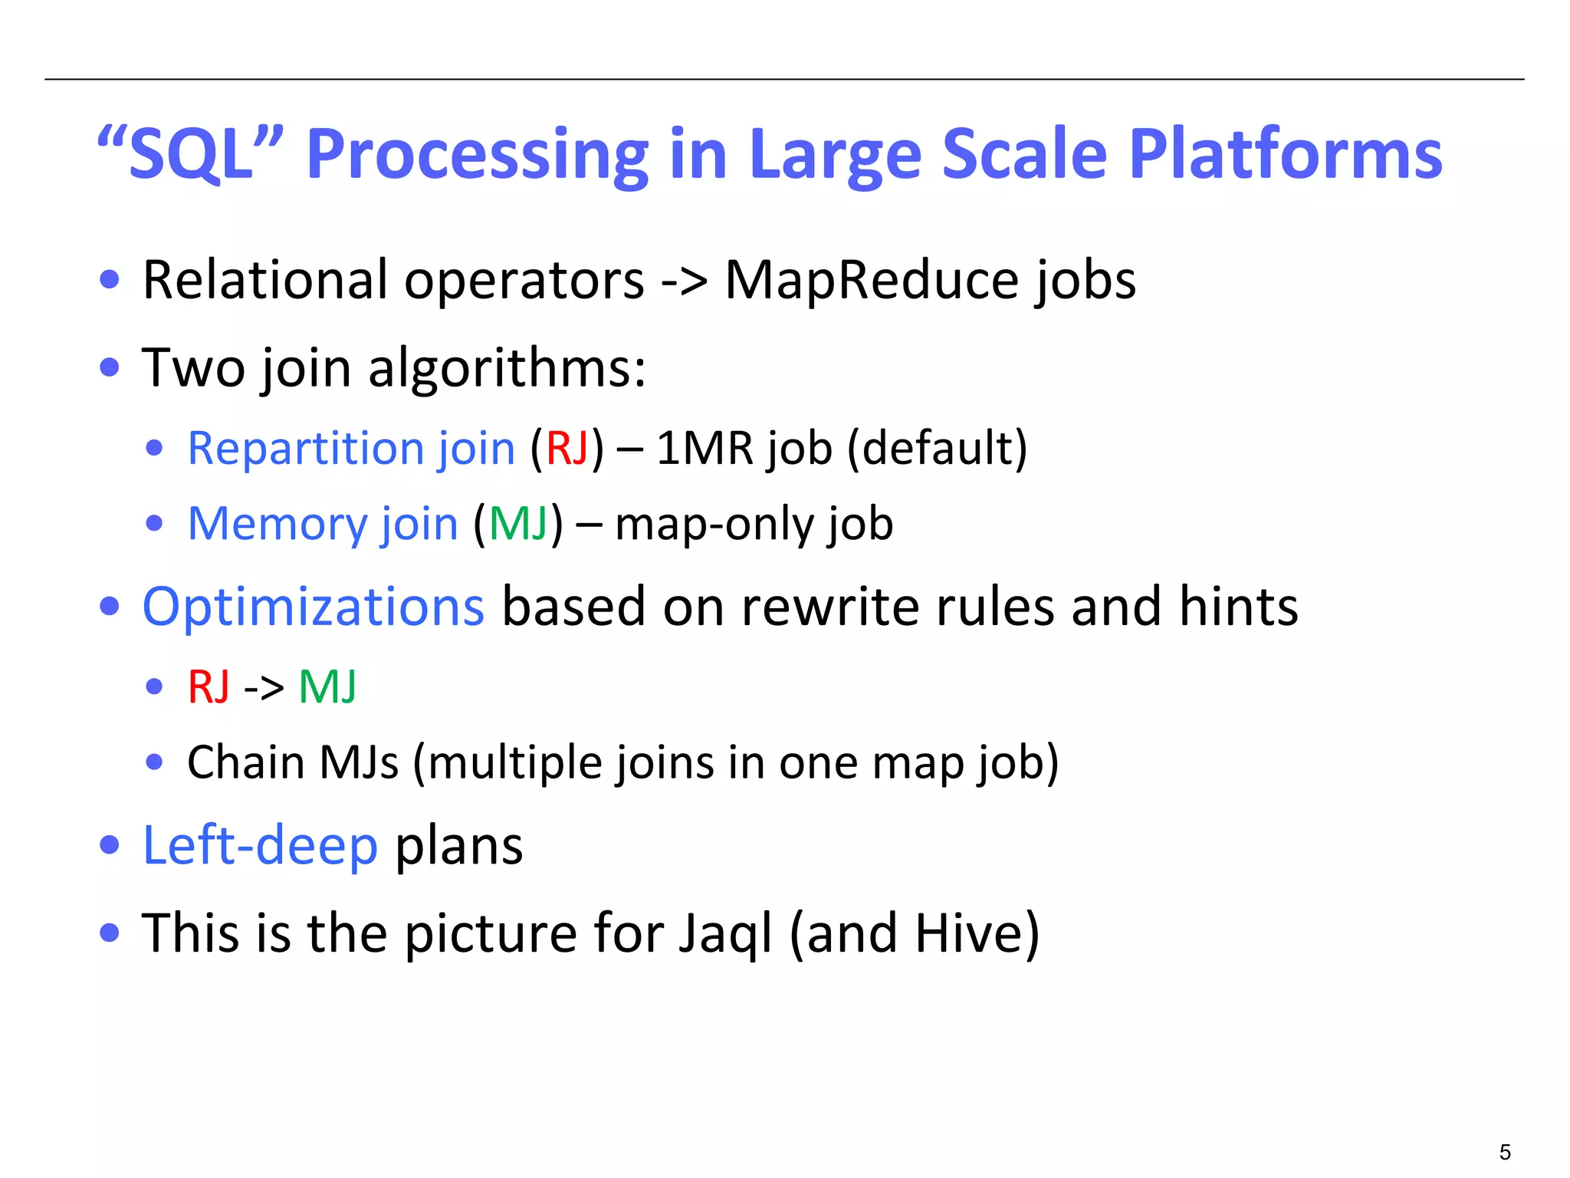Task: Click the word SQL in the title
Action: pos(190,155)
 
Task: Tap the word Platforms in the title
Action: pos(1286,155)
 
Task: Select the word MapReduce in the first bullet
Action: pos(871,281)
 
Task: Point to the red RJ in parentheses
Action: pos(567,449)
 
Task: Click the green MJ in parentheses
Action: pos(518,525)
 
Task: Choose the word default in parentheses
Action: pos(937,449)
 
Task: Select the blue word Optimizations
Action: pos(314,607)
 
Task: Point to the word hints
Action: pos(1238,607)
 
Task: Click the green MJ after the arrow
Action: pos(327,686)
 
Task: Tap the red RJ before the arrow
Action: pos(209,686)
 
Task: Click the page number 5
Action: pos(1505,1152)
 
